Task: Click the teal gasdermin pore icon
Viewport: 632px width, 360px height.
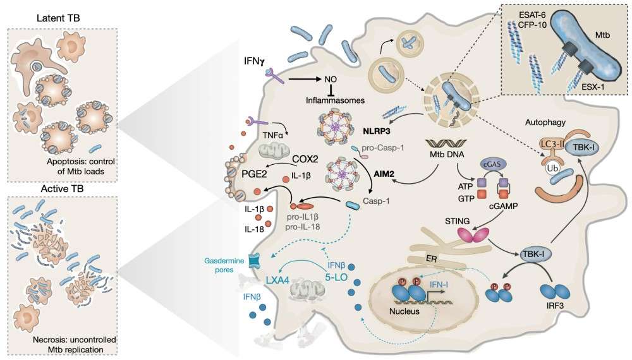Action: tap(255, 261)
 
